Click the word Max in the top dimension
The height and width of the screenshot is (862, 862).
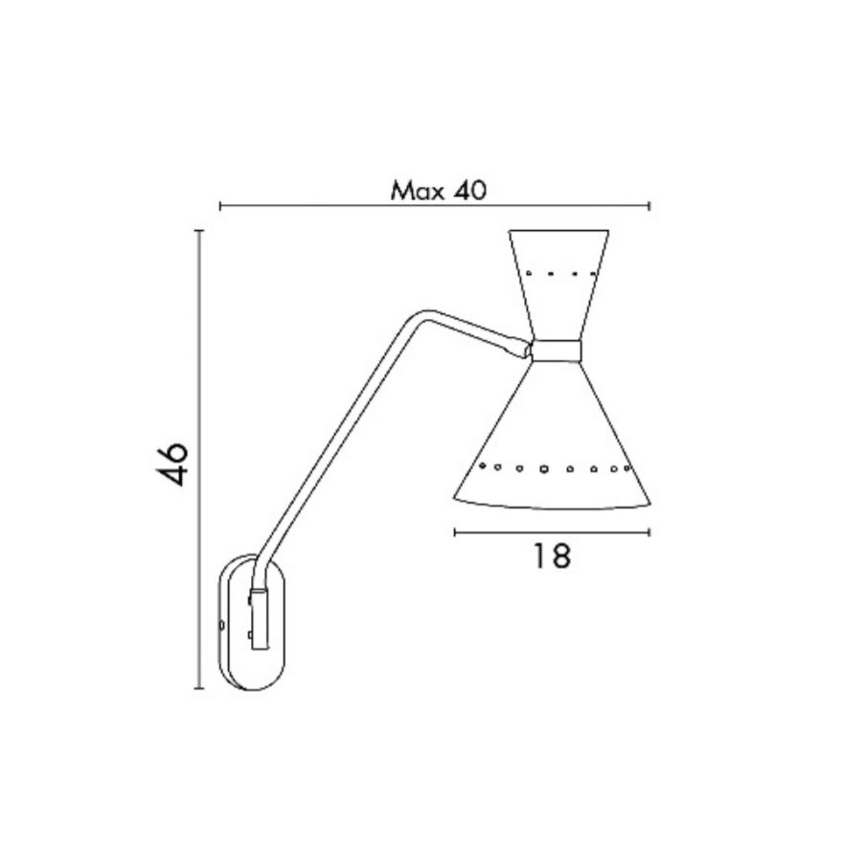[417, 192]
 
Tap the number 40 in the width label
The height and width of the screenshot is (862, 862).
[470, 191]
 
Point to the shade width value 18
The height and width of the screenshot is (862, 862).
[552, 556]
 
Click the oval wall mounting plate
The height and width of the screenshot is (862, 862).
[222, 622]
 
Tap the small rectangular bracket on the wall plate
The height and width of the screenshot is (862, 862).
[259, 619]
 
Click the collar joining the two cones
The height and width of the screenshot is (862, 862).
[556, 351]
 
